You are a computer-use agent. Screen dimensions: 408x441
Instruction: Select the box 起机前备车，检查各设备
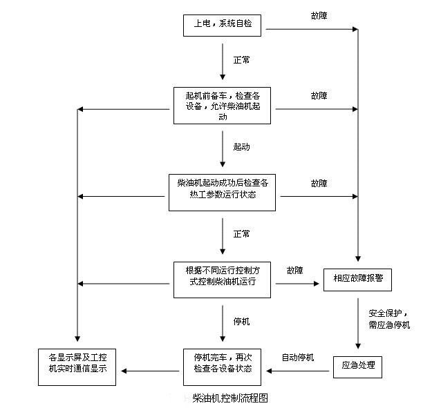click(x=222, y=105)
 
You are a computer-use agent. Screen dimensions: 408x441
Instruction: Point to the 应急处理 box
click(x=357, y=366)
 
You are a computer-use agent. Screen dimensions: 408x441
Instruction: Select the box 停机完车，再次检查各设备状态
click(x=222, y=366)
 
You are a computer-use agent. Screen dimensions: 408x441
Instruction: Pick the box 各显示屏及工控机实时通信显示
click(x=77, y=366)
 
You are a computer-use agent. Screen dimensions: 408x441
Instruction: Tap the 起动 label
click(x=241, y=148)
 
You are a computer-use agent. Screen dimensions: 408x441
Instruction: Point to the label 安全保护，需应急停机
click(x=389, y=318)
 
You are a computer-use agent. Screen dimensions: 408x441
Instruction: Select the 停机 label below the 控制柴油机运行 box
click(x=241, y=322)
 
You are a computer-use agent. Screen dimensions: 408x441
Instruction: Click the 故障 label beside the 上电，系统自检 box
click(x=319, y=14)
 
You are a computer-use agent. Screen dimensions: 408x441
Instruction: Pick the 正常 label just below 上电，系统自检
click(x=241, y=60)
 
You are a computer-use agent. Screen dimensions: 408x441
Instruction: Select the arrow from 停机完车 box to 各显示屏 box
click(x=146, y=371)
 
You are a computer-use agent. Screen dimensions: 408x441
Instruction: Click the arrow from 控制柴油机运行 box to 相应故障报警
click(x=297, y=283)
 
